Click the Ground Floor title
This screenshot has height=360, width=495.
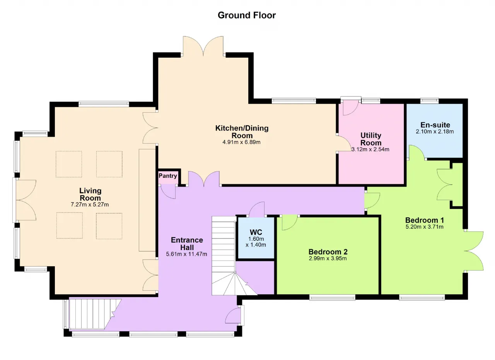click(x=247, y=15)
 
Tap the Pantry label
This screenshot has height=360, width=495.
click(x=168, y=176)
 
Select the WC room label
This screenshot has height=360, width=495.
click(x=256, y=232)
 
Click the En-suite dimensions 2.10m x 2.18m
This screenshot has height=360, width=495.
click(x=435, y=132)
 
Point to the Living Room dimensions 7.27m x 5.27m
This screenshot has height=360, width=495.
click(x=90, y=204)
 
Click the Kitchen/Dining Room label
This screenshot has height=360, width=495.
click(x=242, y=132)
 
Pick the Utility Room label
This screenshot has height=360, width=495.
click(x=371, y=139)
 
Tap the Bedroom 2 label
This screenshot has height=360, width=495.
click(x=328, y=252)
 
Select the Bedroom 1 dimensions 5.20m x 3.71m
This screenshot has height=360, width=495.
click(x=425, y=227)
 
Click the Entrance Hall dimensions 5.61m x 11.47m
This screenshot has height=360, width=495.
click(x=186, y=254)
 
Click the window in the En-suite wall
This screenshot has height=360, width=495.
click(x=429, y=101)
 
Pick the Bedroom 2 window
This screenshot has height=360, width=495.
click(x=332, y=298)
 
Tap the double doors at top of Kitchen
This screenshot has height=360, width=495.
click(x=203, y=46)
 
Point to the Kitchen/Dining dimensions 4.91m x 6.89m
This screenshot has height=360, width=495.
click(x=241, y=142)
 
